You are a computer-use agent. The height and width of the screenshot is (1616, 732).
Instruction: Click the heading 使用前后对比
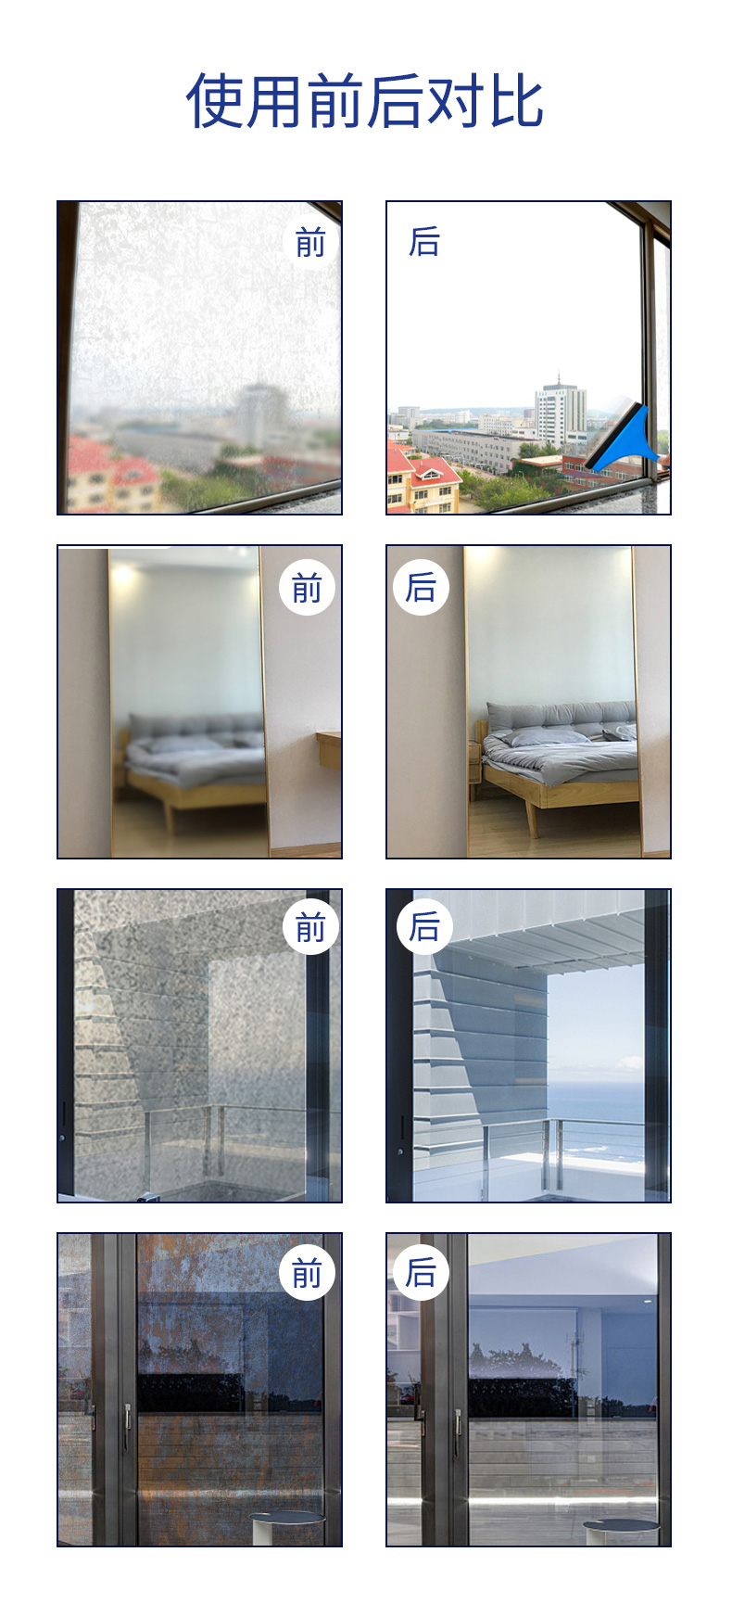point(365,101)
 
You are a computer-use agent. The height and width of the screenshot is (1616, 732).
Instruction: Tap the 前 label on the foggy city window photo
point(310,243)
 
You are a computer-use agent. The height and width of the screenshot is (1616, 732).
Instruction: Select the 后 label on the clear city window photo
point(424,241)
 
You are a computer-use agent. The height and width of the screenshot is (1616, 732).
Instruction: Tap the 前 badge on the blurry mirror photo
point(307,587)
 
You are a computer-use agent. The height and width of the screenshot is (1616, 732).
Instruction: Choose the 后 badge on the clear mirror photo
point(421,587)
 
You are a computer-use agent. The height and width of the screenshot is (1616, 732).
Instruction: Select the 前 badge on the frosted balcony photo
point(310,926)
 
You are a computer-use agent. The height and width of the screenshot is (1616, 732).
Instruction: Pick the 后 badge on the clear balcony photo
point(424,926)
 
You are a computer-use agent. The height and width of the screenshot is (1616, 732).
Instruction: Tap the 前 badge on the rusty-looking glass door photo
point(307,1273)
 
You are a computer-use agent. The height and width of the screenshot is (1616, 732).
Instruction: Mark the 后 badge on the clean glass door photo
point(421,1272)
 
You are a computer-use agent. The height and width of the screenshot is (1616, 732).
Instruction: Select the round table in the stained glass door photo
point(286,1526)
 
